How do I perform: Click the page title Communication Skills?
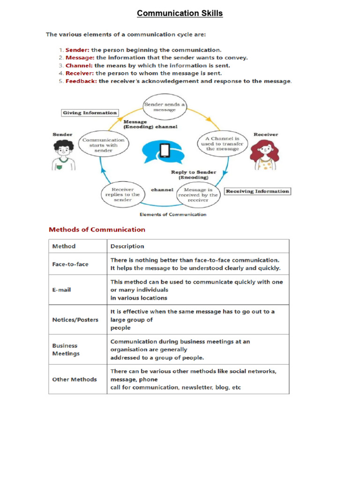tap(180, 13)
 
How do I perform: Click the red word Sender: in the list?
tap(77, 50)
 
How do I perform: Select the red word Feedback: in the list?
tap(81, 81)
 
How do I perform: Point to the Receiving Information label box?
tap(257, 191)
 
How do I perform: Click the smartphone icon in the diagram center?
tap(165, 150)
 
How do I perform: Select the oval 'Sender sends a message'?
tap(164, 107)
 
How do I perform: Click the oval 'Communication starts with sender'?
tap(104, 145)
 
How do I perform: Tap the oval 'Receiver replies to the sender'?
tap(122, 195)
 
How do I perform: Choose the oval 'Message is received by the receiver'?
tap(197, 195)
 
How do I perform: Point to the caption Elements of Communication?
tap(173, 214)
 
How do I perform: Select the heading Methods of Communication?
tap(97, 230)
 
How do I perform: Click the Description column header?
tap(127, 246)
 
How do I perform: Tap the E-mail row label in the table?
tap(61, 290)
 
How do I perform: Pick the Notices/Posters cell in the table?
tap(75, 320)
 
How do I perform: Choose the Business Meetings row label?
tap(66, 350)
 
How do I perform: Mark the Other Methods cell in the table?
tap(74, 379)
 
